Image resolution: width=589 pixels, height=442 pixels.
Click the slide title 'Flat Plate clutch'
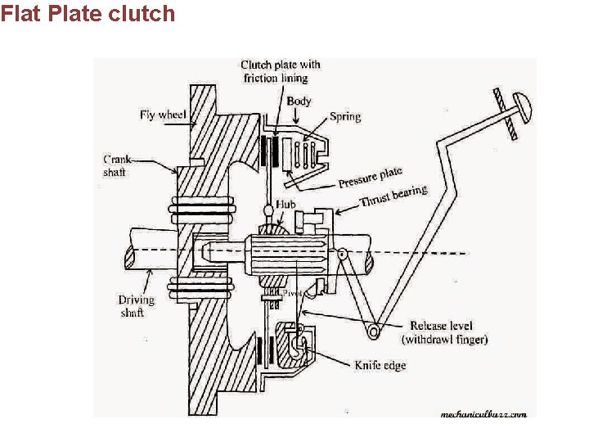pos(88,13)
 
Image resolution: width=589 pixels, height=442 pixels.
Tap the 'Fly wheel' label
pos(163,115)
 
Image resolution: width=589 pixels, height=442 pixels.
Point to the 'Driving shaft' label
pos(136,306)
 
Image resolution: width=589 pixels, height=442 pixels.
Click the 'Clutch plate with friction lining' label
pos(280,71)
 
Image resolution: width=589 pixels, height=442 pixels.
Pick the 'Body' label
pos(299,101)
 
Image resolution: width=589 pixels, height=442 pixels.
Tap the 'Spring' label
pos(345,116)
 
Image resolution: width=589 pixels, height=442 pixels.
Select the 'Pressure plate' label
pos(371,176)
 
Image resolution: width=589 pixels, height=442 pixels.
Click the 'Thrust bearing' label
pos(393,196)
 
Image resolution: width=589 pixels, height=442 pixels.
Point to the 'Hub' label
pos(286,205)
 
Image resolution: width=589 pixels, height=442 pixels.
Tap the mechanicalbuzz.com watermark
pos(483,413)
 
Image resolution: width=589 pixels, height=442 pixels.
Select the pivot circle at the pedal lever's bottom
pos(374,331)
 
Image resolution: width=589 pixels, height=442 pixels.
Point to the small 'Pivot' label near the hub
pos(293,292)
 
